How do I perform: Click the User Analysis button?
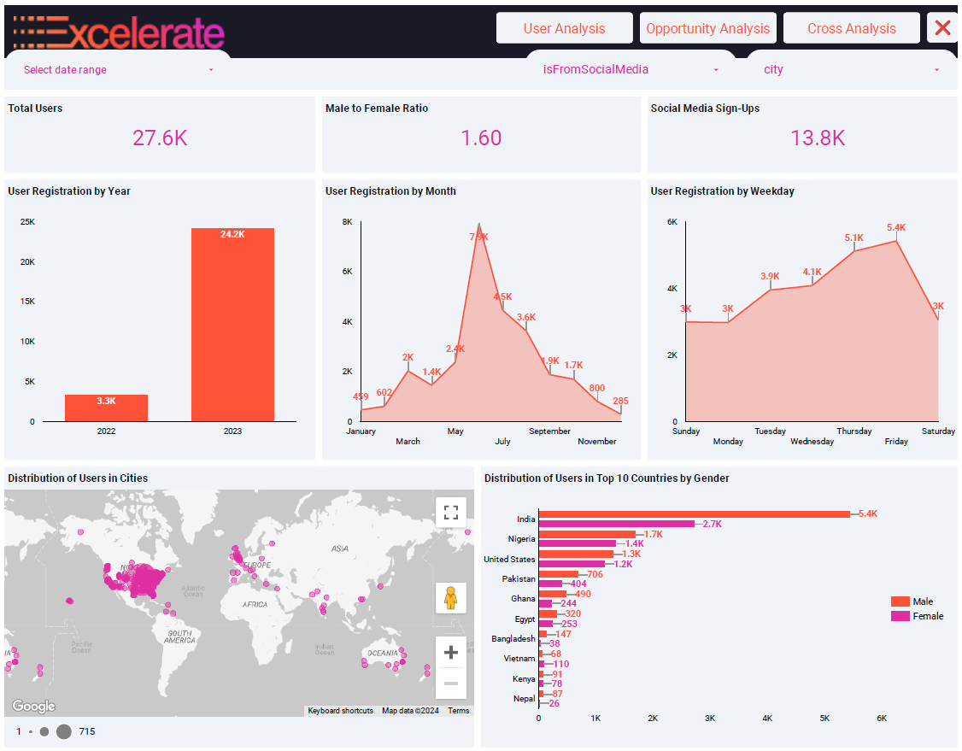tap(564, 28)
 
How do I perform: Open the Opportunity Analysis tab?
tap(707, 28)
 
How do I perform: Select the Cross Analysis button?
tap(851, 28)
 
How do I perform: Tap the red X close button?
tap(942, 28)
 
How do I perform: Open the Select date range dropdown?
tap(118, 70)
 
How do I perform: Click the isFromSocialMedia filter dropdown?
tap(631, 70)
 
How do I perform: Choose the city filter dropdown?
tap(850, 70)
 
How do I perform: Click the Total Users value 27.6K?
tap(160, 138)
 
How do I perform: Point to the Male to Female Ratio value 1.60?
tap(481, 138)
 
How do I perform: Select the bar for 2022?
tap(106, 408)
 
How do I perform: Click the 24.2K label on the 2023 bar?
tap(232, 234)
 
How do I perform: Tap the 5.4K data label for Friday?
tap(896, 227)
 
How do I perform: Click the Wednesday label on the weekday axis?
tap(812, 442)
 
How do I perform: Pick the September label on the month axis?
tap(549, 431)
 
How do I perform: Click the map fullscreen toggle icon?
tap(451, 513)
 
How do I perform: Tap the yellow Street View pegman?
tap(451, 598)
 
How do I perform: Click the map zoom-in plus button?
tap(451, 653)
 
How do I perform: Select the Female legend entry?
tap(927, 616)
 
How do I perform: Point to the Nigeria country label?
tap(521, 539)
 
